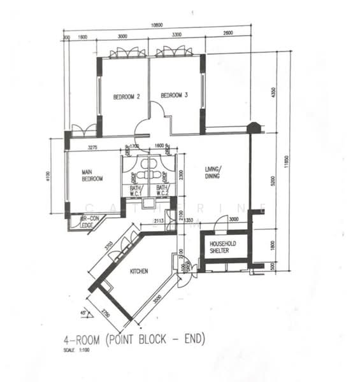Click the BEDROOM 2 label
pos(126,97)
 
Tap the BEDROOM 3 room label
pos(174,95)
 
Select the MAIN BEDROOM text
pos(92,175)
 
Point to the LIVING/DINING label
pos(212,172)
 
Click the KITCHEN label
pos(139,271)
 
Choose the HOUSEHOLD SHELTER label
pos(224,247)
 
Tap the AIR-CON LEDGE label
pos(89,220)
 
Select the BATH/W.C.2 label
pos(163,190)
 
